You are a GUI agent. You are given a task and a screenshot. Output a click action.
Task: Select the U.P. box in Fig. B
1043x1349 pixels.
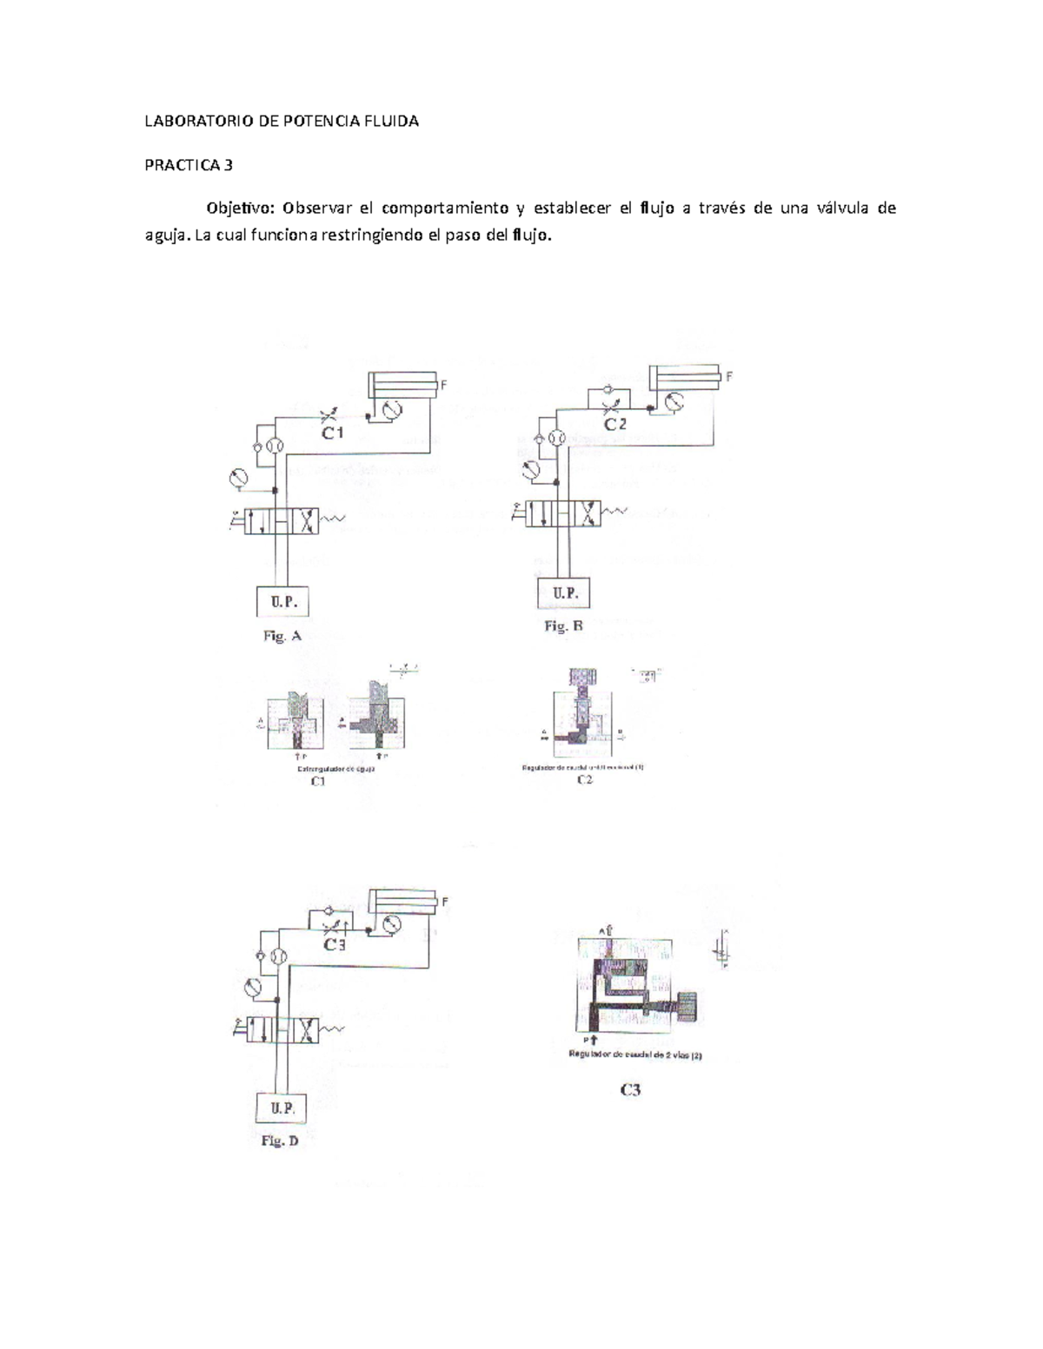pos(564,594)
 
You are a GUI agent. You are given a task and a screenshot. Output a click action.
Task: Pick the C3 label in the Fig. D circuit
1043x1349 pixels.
pos(335,945)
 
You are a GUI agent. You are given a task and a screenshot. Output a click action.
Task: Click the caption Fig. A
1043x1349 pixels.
pos(282,636)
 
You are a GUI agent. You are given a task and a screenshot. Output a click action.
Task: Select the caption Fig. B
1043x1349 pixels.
pos(563,626)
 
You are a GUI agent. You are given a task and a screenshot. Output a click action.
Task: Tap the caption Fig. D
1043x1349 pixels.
pos(280,1141)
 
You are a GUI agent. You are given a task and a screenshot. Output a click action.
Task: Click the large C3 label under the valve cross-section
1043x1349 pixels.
pos(630,1089)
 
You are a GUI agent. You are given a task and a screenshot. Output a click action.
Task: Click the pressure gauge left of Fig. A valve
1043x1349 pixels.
pos(236,478)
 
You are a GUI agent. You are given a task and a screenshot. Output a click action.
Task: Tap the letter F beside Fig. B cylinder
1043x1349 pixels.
pos(729,376)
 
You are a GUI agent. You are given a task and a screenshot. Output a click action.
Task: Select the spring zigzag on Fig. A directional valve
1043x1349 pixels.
pos(335,519)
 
